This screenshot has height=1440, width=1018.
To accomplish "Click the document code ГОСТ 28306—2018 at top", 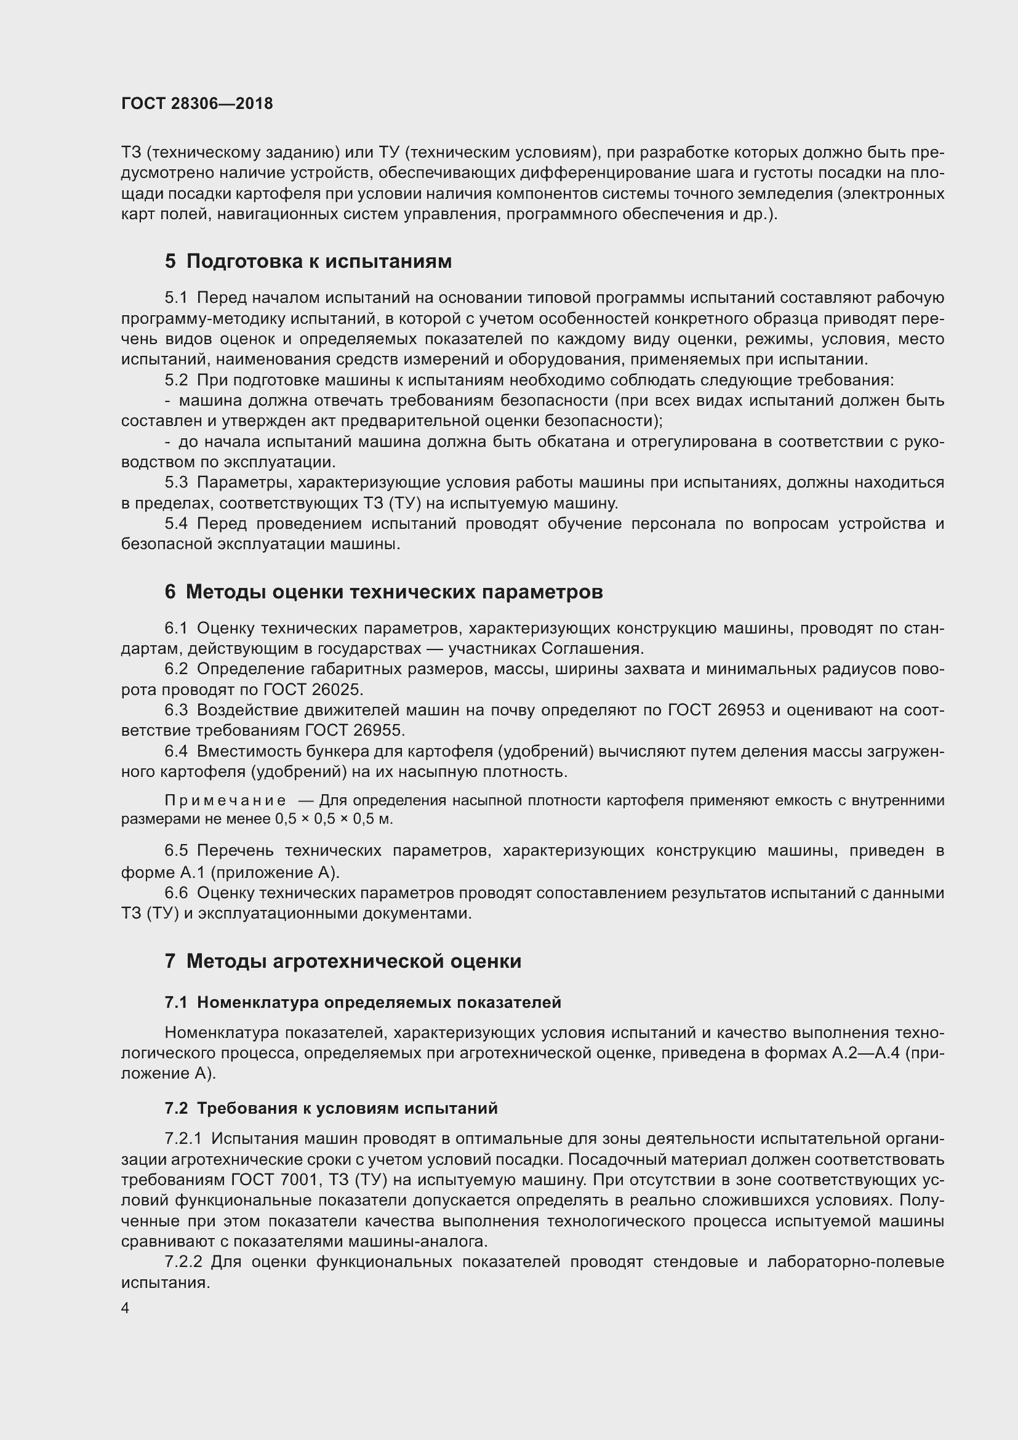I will (197, 103).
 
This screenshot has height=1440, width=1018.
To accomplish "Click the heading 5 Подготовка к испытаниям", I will (308, 261).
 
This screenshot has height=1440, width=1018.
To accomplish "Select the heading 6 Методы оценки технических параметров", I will (383, 592).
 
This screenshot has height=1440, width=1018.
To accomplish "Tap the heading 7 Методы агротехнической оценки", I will (343, 961).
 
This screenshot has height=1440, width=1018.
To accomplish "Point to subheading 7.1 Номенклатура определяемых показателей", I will (363, 1002).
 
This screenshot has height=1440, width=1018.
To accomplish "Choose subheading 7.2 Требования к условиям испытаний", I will (331, 1108).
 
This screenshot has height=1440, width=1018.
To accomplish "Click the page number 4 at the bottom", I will (126, 1308).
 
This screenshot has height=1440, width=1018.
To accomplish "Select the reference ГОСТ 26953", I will (716, 710).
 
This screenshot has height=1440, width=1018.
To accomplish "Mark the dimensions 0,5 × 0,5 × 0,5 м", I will (334, 819).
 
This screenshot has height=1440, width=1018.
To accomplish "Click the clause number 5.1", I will (176, 297).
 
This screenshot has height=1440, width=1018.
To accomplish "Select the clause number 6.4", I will (176, 750).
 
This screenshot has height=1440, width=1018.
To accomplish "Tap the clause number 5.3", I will (176, 482).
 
